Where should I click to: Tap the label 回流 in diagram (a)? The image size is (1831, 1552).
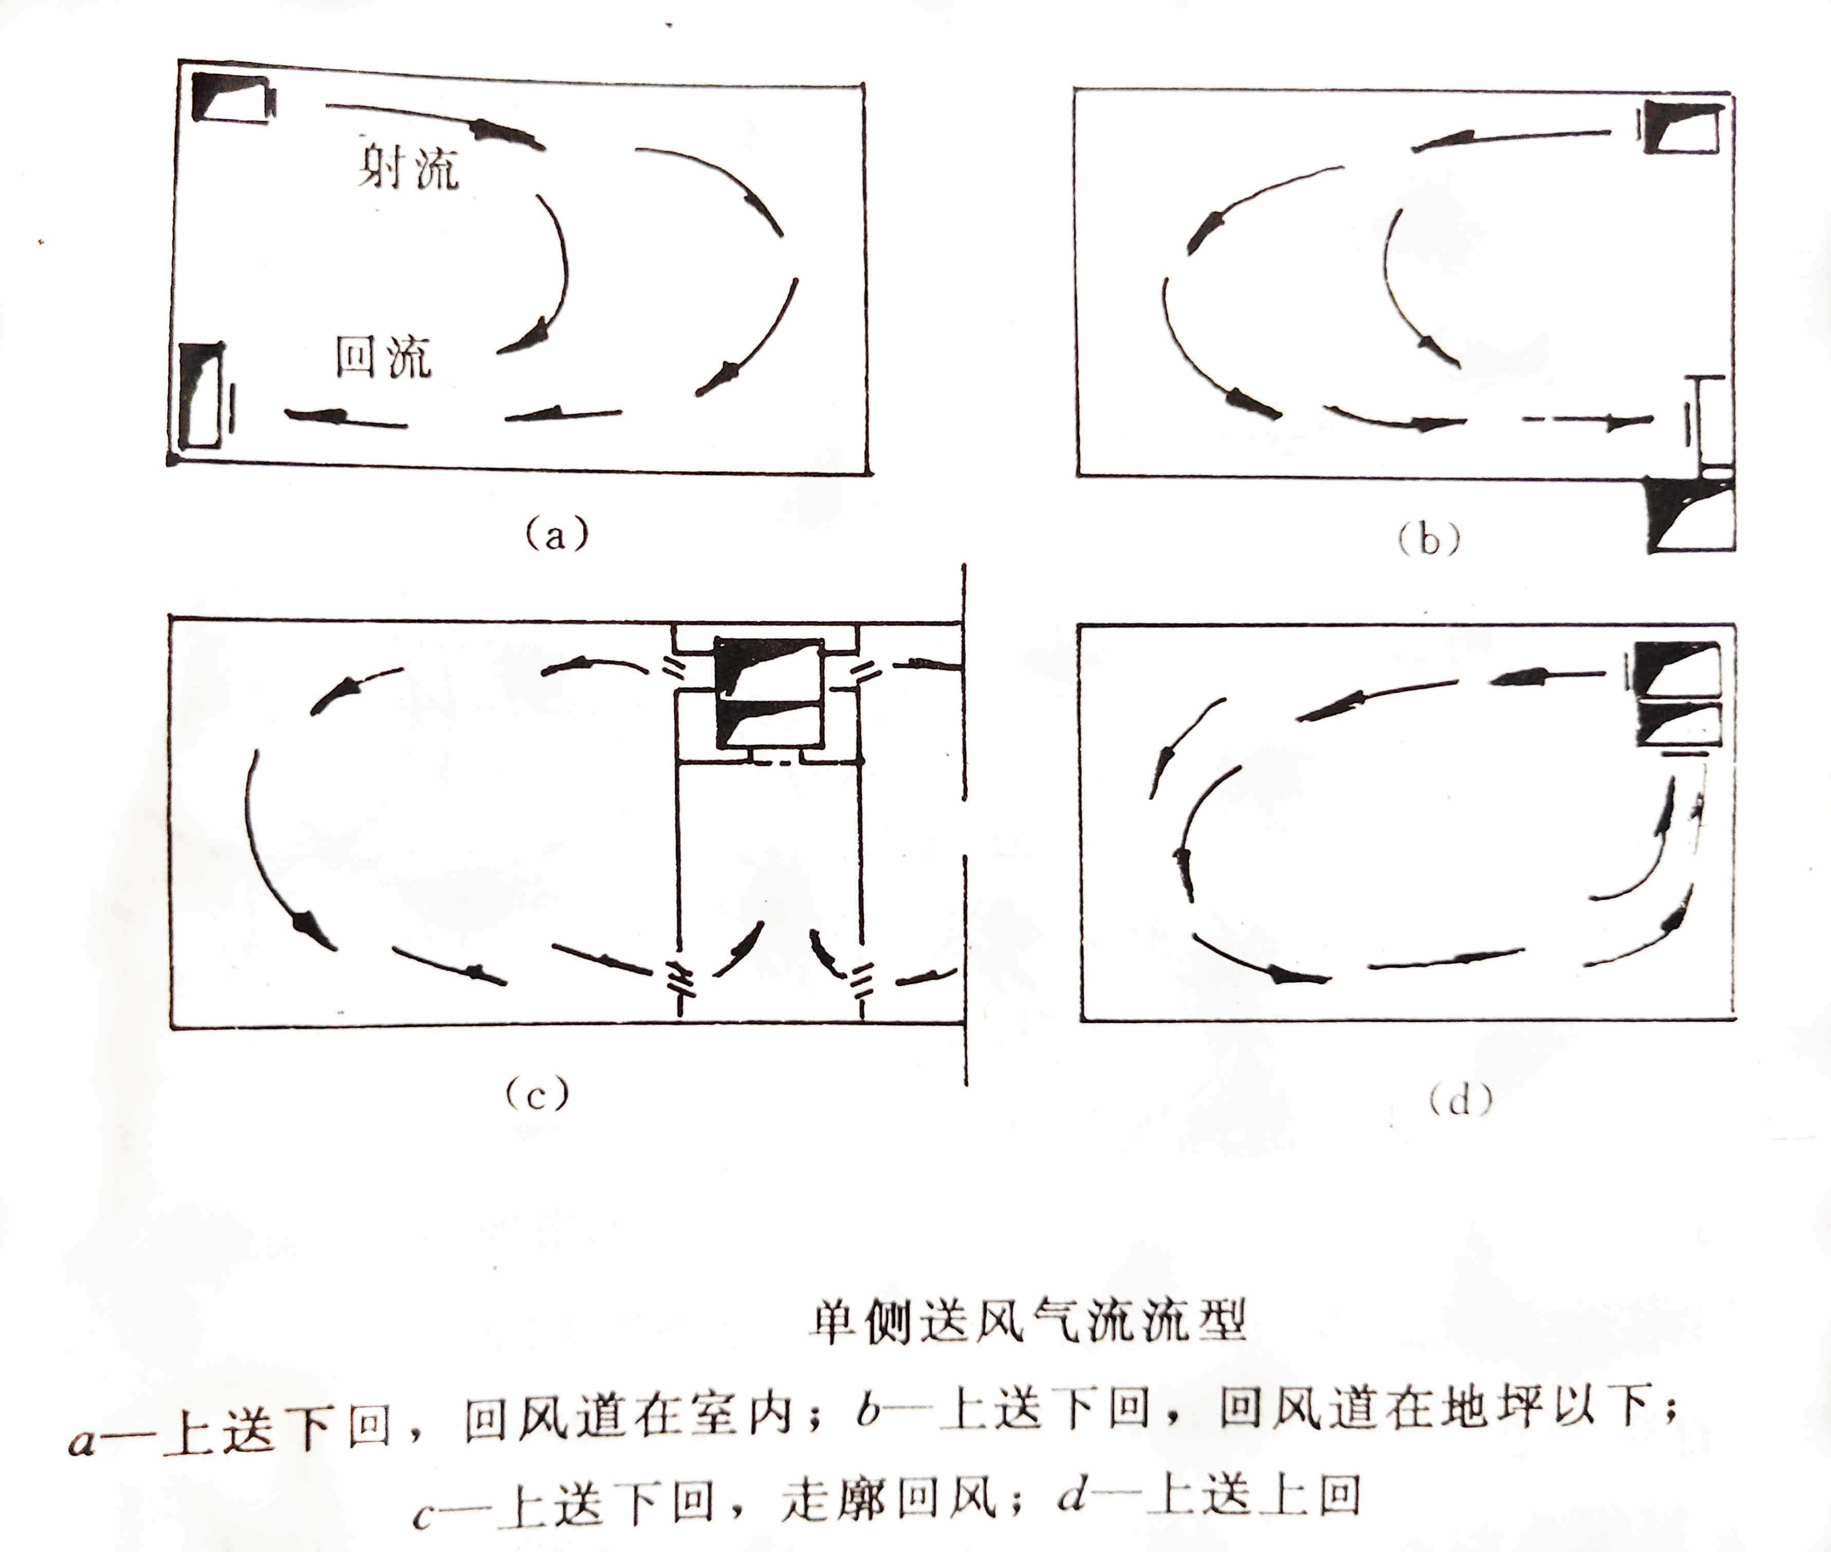(x=384, y=356)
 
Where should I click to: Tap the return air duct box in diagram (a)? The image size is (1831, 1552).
(x=201, y=395)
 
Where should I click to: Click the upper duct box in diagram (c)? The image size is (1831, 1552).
(x=768, y=667)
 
